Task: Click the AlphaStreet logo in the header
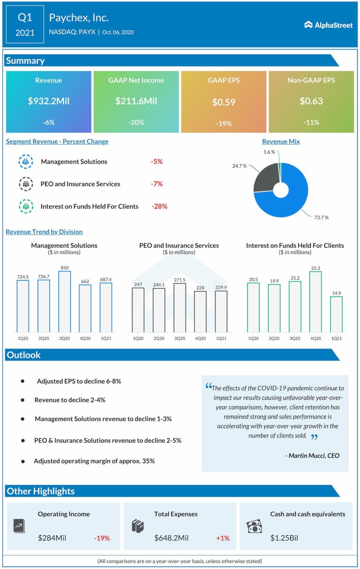pyautogui.click(x=328, y=25)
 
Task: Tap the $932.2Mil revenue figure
pyautogui.click(x=49, y=101)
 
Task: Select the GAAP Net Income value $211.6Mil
pyautogui.click(x=136, y=101)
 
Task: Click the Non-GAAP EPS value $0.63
pyautogui.click(x=311, y=101)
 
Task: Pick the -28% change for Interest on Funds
pyautogui.click(x=159, y=206)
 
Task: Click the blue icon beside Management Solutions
pyautogui.click(x=25, y=161)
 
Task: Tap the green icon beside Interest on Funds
pyautogui.click(x=25, y=206)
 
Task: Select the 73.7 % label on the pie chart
pyautogui.click(x=321, y=217)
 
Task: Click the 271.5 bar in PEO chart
pyautogui.click(x=180, y=308)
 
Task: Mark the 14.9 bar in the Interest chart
pyautogui.click(x=336, y=314)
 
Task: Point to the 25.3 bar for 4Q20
pyautogui.click(x=315, y=302)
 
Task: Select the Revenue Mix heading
pyautogui.click(x=281, y=142)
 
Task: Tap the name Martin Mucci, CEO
pyautogui.click(x=312, y=455)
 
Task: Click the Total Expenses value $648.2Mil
pyautogui.click(x=172, y=538)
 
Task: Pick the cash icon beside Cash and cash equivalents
pyautogui.click(x=254, y=527)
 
